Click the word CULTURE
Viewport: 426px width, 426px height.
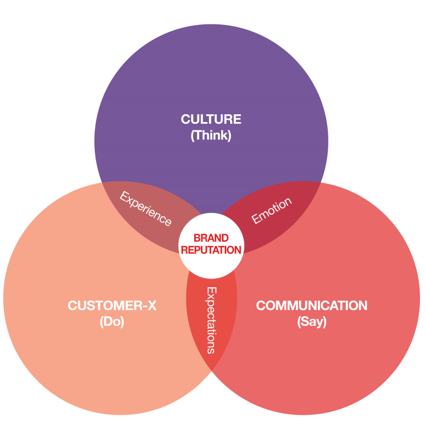pyautogui.click(x=211, y=119)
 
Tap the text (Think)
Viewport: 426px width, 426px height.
pyautogui.click(x=211, y=135)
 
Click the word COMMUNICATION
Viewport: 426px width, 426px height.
pyautogui.click(x=311, y=306)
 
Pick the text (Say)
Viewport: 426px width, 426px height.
pyautogui.click(x=311, y=322)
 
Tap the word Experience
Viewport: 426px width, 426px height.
pyautogui.click(x=146, y=209)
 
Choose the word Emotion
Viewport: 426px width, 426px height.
pyautogui.click(x=271, y=211)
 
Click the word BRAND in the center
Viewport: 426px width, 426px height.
pyautogui.click(x=211, y=239)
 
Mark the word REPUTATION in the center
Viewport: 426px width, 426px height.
pyautogui.click(x=211, y=250)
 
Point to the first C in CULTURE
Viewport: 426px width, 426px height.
pyautogui.click(x=185, y=119)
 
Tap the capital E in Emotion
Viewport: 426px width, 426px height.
pyautogui.click(x=256, y=220)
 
